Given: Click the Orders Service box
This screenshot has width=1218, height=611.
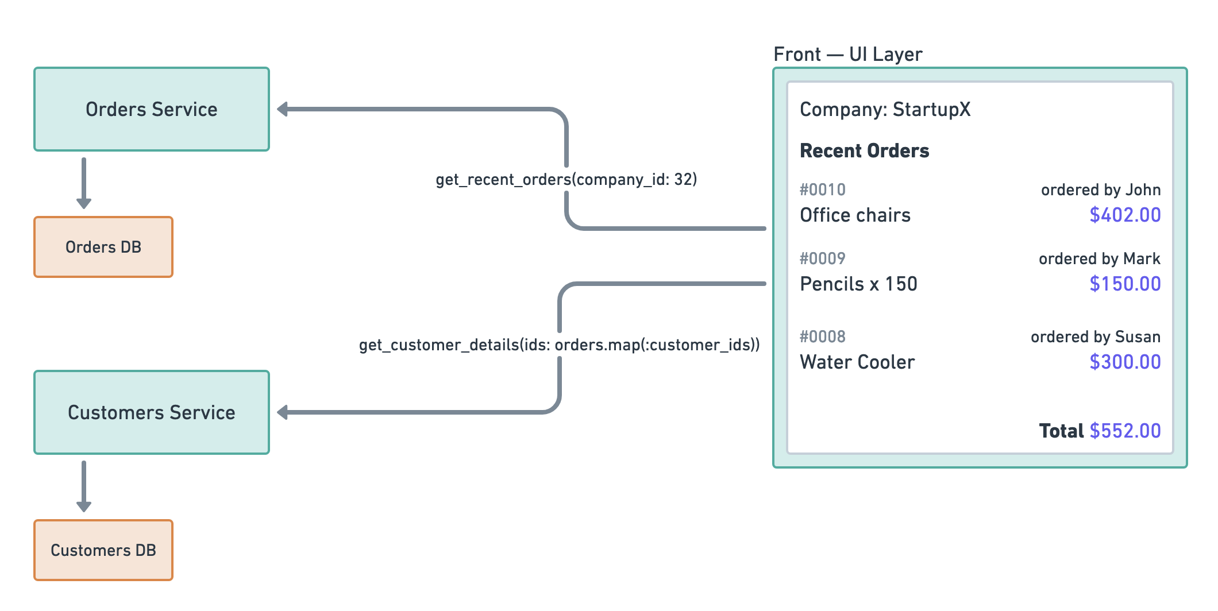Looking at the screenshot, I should point(152,109).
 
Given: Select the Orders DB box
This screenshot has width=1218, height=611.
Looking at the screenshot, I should point(103,247).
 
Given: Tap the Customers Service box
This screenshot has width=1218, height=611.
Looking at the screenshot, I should point(152,412).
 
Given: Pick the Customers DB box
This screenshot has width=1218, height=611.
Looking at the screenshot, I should point(103,550).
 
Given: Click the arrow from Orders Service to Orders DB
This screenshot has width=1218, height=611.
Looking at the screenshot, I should point(84,183).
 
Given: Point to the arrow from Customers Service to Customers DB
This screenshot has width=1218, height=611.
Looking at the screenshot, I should point(84,486).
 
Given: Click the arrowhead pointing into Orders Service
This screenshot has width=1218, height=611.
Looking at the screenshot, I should point(283,109).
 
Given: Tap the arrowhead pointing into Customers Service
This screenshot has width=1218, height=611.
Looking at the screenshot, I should point(283,412).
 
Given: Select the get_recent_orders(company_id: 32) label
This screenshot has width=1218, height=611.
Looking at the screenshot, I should point(566,180).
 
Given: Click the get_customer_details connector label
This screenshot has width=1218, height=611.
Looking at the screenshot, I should point(559,345).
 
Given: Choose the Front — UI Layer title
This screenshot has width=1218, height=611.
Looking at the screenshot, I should point(847,55).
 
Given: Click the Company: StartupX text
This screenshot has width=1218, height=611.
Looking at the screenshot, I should point(885,109).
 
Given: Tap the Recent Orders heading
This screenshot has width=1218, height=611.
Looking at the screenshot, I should point(864,151).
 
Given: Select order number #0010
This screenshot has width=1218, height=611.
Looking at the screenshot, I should point(822,190).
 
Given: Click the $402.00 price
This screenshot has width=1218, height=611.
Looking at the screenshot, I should point(1125,215).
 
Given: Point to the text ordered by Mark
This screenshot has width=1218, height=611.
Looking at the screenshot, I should point(1099,258).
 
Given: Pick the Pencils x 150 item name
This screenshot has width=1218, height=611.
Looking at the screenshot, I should point(858,284).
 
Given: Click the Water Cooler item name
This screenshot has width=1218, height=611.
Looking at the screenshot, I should point(857,362).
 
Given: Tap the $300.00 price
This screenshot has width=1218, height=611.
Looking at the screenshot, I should point(1125,362).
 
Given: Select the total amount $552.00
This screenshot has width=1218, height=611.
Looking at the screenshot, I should point(1125,431).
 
